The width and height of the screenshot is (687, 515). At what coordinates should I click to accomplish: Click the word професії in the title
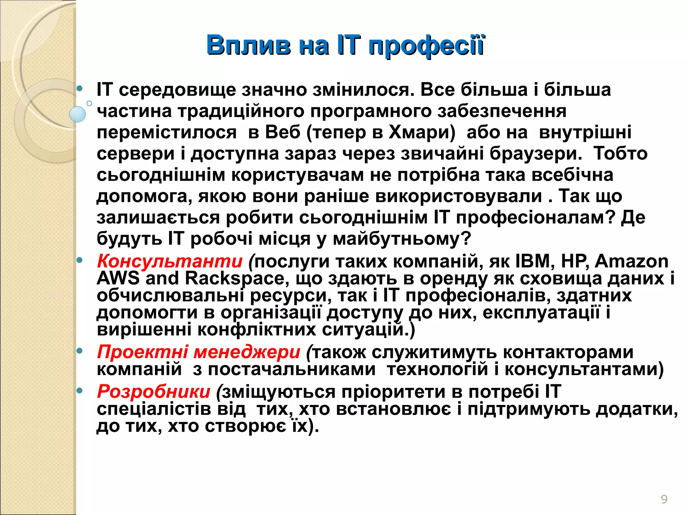tap(426, 45)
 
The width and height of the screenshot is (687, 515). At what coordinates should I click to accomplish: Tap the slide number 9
tap(664, 499)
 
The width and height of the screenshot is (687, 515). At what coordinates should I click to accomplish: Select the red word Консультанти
tap(169, 261)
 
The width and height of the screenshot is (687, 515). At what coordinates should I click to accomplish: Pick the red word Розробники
tap(154, 391)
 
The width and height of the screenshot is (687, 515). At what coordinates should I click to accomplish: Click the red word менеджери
tap(247, 352)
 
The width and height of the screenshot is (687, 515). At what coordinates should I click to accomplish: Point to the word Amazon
tap(631, 261)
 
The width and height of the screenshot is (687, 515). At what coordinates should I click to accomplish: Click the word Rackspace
tap(237, 278)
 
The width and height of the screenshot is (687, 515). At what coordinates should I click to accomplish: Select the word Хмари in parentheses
tap(422, 132)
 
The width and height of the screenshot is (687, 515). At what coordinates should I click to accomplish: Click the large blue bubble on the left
tap(77, 114)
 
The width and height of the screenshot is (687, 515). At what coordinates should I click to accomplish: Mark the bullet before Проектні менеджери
tap(80, 351)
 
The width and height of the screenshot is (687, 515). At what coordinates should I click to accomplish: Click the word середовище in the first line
tap(177, 90)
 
